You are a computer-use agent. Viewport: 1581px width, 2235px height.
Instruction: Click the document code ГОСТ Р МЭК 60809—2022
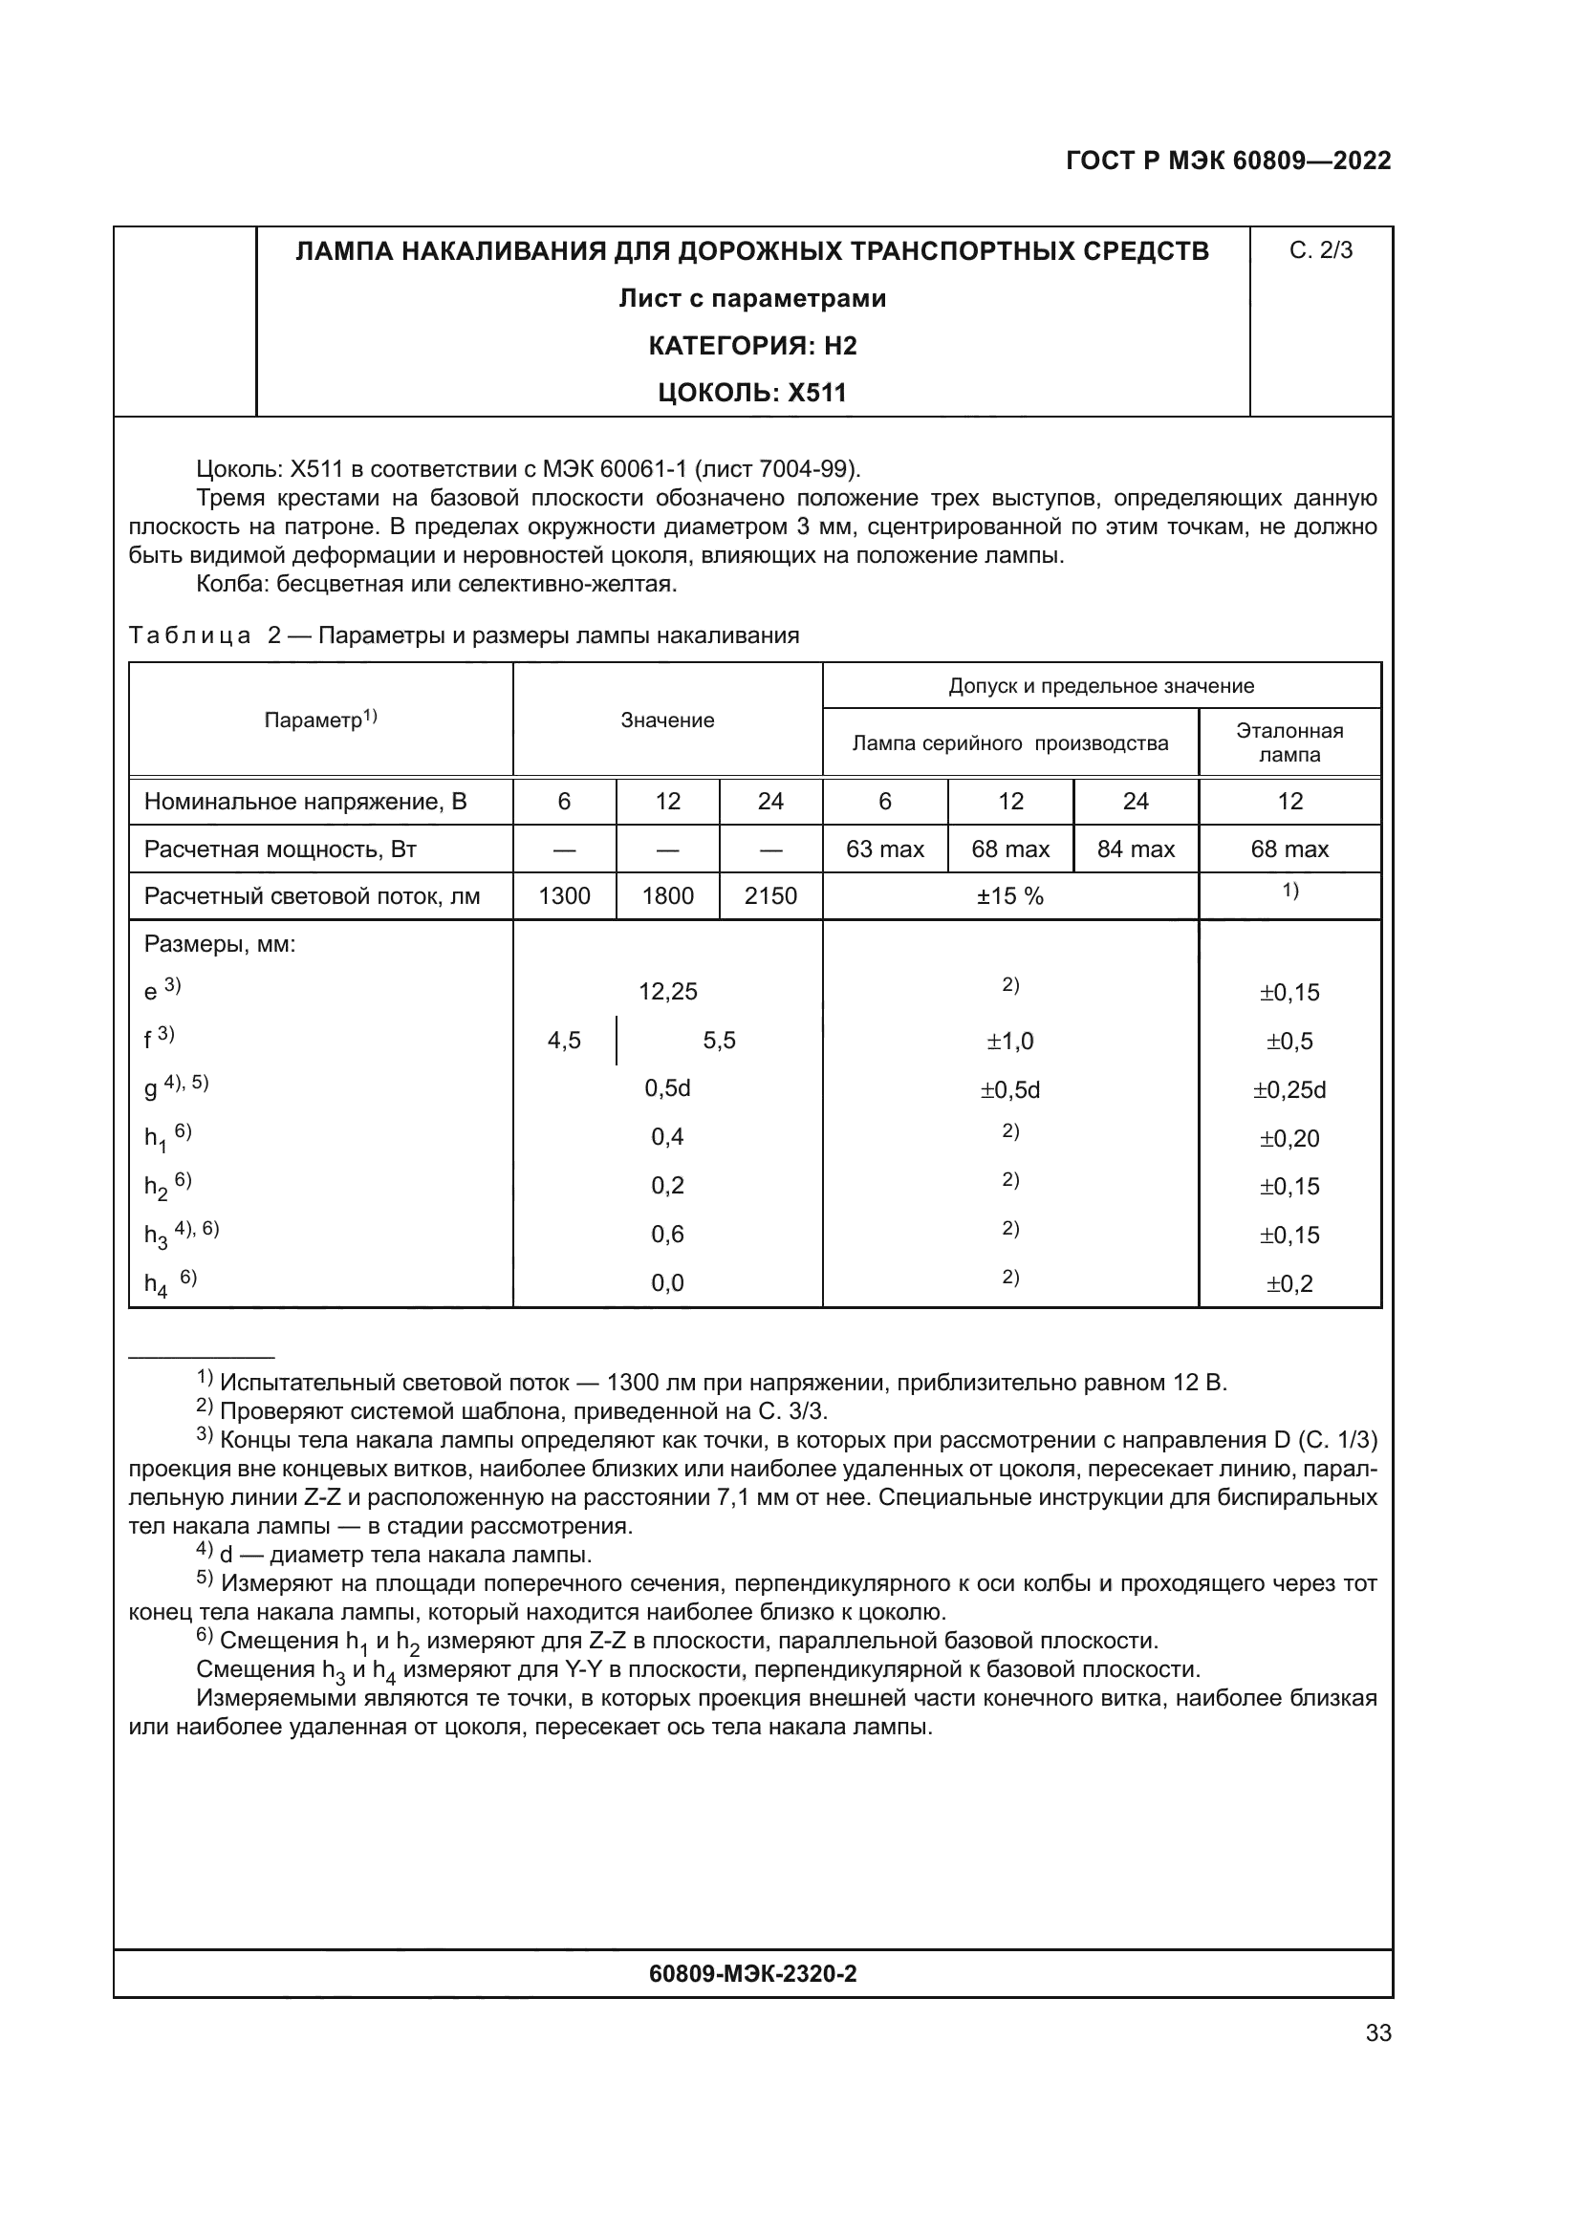[1228, 161]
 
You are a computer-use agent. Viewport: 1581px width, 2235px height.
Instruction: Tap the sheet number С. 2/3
[1320, 251]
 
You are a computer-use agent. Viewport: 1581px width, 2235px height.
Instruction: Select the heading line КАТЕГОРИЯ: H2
[751, 346]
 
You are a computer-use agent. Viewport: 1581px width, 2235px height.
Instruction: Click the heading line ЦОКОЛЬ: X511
[751, 393]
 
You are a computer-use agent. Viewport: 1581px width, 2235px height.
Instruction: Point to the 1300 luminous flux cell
[564, 896]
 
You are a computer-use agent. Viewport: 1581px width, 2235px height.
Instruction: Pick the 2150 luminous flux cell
[770, 896]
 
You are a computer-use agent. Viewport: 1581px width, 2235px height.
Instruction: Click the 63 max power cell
[884, 849]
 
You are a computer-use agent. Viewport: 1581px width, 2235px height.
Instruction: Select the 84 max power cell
[1136, 849]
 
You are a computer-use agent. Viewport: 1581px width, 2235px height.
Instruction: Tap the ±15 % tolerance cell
[1009, 896]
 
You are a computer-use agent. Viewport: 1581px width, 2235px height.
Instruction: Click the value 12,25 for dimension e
[668, 992]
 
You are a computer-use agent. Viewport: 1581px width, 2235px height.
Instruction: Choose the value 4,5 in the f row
[564, 1041]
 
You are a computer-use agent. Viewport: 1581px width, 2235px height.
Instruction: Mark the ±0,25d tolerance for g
[1289, 1089]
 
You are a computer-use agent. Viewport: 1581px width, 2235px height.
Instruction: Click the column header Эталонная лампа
[1289, 742]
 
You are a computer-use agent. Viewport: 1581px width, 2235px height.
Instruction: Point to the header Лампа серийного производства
[1009, 743]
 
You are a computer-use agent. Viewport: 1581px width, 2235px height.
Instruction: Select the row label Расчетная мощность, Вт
[280, 849]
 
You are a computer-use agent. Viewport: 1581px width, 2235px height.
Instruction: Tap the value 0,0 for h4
[668, 1283]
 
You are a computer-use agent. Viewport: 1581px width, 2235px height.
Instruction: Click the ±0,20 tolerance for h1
[1289, 1138]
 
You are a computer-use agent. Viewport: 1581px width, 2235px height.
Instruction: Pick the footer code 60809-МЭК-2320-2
[751, 1974]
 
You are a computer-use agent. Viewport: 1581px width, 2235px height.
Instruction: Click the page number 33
[1377, 2032]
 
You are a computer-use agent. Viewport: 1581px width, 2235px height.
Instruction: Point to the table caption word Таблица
[190, 635]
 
